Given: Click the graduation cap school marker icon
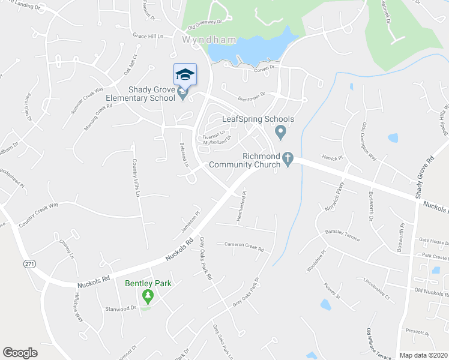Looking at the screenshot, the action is coord(185,75).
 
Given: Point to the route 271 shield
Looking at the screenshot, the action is coord(29,264).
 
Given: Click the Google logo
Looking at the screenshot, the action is coord(20,353).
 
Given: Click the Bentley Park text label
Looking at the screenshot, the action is coord(148,283).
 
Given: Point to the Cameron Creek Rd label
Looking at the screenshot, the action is coord(244,247).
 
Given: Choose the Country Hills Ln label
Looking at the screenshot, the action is coord(136,178).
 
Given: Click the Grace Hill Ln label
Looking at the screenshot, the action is coord(148,36).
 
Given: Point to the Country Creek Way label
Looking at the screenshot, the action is coord(39,212).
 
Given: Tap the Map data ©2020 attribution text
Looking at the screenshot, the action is coord(423,355).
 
